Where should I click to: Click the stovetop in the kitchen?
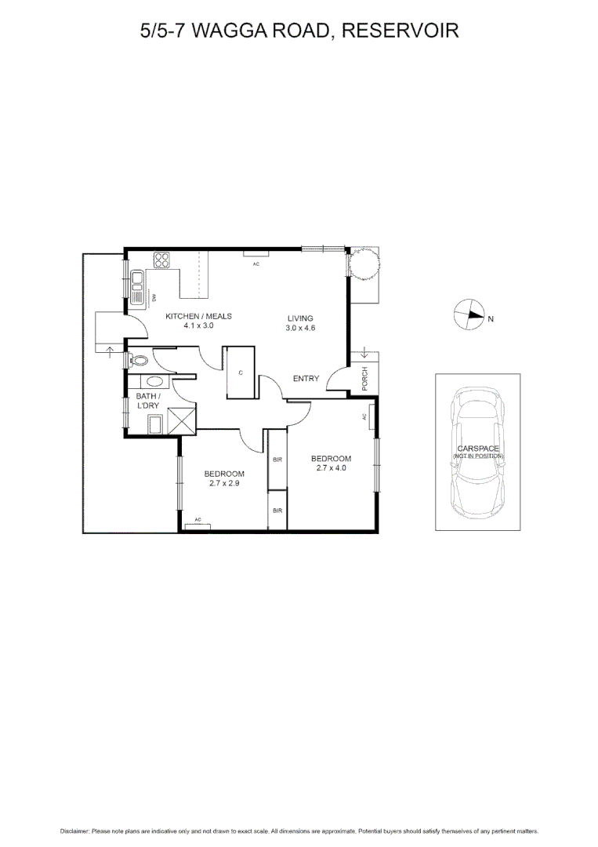(x=162, y=260)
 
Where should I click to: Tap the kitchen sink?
(x=137, y=279)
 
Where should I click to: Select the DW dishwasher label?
(x=154, y=296)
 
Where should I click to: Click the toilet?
(x=139, y=361)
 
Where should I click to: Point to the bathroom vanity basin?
(x=155, y=381)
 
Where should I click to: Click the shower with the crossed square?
(x=183, y=420)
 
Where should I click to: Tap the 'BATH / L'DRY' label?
(x=147, y=402)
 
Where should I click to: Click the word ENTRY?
(x=306, y=379)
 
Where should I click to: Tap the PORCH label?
(x=364, y=378)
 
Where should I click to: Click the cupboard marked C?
(x=241, y=373)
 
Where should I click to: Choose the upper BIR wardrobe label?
(x=277, y=460)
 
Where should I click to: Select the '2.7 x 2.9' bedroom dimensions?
(x=224, y=484)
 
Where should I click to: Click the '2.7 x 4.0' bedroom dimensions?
(x=331, y=469)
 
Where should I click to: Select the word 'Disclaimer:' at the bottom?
(x=75, y=831)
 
